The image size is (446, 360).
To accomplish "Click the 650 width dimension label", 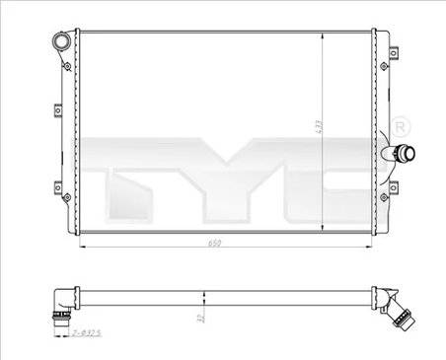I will coord(214,243).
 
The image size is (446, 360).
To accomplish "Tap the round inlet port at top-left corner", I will coord(64,42).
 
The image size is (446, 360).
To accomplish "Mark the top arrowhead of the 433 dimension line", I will coord(324,35).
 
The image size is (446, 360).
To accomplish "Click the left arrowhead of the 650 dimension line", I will coord(81,245).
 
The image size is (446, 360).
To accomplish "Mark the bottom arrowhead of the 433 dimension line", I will coord(324,233).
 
